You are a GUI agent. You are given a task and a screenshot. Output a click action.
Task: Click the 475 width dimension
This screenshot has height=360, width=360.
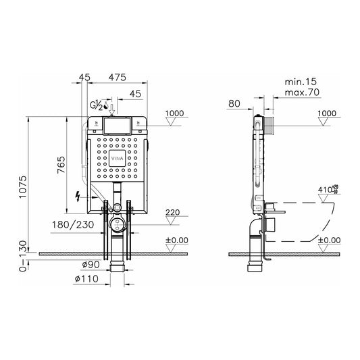pyautogui.click(x=118, y=78)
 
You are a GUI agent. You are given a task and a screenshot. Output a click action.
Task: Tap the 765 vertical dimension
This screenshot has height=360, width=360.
pyautogui.click(x=61, y=165)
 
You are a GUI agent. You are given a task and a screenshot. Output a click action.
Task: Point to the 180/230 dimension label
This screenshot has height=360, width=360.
pyautogui.click(x=73, y=224)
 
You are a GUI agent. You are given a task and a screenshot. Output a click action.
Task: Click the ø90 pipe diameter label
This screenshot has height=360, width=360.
pyautogui.click(x=91, y=265)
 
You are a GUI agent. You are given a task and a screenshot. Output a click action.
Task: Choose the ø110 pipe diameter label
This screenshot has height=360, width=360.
pyautogui.click(x=86, y=279)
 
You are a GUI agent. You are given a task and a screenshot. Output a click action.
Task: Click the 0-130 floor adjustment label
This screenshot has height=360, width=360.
pyautogui.click(x=23, y=256)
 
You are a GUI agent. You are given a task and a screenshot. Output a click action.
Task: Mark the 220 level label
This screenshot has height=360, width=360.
pyautogui.click(x=173, y=212)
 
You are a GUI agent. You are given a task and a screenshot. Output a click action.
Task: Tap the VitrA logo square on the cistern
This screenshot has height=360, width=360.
pyautogui.click(x=117, y=158)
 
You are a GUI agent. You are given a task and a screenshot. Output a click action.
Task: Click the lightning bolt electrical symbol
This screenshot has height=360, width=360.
pyautogui.click(x=78, y=197)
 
